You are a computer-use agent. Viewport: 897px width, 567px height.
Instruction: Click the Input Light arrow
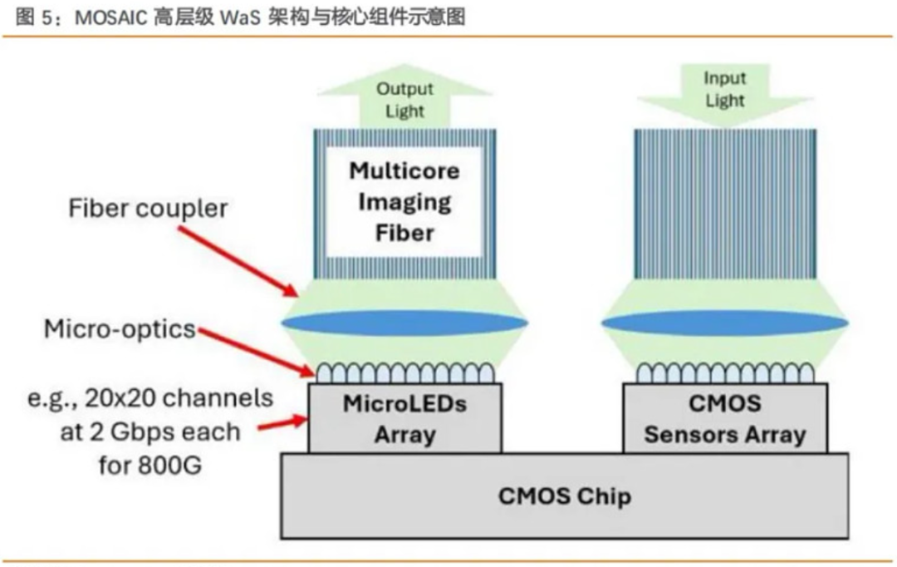point(724,93)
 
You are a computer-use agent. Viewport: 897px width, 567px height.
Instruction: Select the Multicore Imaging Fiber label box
point(404,202)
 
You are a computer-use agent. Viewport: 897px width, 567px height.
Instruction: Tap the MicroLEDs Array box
point(404,418)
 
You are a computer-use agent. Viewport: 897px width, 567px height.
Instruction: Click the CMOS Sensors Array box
point(724,418)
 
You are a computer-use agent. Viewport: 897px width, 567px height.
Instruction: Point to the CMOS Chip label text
point(565,496)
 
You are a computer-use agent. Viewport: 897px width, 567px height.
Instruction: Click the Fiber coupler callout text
point(148,208)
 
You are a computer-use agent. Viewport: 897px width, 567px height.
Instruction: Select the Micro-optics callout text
point(119,329)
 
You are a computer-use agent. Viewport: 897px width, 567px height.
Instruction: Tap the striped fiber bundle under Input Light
point(724,204)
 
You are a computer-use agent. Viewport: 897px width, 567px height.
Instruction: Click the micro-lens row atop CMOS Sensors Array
point(724,373)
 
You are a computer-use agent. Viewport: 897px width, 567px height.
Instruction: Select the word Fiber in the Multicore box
point(404,232)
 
